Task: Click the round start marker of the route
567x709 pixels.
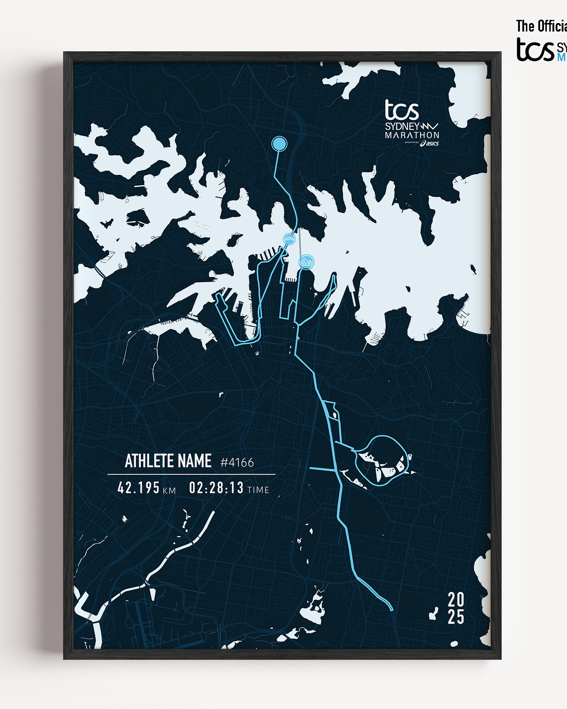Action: point(279,144)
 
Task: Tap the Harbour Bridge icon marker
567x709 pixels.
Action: point(289,239)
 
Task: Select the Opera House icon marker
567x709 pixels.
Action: point(306,262)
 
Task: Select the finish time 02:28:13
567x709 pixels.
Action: point(216,488)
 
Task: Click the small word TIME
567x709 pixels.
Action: point(258,490)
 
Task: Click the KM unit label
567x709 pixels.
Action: point(169,491)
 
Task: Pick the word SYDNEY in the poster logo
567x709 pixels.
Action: point(402,127)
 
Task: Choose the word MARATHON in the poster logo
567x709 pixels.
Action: point(412,135)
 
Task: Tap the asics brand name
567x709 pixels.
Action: point(432,143)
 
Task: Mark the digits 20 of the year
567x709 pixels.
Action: point(456,600)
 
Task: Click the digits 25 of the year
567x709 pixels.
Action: point(456,617)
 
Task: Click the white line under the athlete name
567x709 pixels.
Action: point(191,474)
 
